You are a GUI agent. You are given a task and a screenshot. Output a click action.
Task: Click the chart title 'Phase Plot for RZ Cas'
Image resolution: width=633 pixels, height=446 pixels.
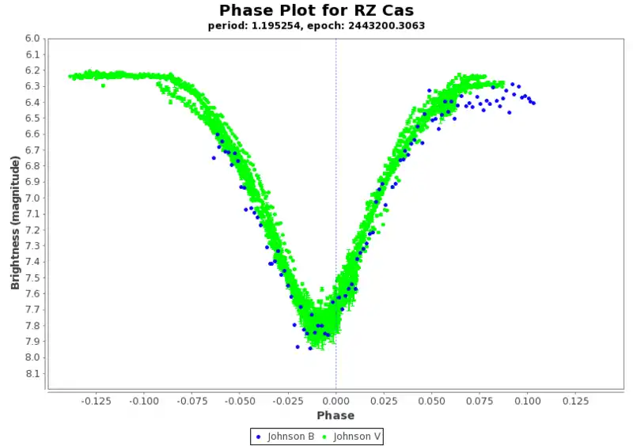[x=316, y=10]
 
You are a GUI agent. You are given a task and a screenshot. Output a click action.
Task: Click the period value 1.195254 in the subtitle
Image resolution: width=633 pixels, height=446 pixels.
[x=271, y=25]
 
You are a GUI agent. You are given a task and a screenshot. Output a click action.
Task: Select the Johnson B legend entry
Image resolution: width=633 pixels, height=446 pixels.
[x=286, y=436]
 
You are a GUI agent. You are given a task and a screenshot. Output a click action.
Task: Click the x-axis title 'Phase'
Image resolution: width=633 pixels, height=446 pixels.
[x=335, y=415]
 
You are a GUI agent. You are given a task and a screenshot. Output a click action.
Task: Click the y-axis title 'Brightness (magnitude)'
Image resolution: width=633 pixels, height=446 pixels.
[x=15, y=222]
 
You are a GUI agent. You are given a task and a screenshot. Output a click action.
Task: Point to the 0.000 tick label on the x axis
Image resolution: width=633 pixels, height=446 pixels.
[x=335, y=401]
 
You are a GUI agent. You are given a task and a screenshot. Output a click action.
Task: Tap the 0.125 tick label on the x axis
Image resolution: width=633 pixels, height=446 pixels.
[x=575, y=401]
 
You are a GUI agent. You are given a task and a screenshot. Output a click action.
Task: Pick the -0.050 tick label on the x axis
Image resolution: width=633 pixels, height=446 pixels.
[x=240, y=401]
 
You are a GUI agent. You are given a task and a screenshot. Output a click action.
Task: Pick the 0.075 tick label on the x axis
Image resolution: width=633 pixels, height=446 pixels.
[x=479, y=401]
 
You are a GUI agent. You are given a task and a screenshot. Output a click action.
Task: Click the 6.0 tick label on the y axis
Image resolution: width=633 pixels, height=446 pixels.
[x=32, y=38]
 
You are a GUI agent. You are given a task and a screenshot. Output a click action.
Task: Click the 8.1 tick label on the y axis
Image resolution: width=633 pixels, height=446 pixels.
[x=32, y=373]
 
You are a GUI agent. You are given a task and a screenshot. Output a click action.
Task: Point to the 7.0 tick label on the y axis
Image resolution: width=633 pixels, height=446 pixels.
[x=32, y=198]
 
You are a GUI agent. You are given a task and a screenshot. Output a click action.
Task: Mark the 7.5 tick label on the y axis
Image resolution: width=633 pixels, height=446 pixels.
[x=32, y=278]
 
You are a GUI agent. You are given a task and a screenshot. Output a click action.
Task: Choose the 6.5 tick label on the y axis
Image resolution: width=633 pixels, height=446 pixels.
[x=32, y=118]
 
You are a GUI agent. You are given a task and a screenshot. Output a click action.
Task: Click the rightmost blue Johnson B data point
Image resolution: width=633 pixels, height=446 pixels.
[x=533, y=103]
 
